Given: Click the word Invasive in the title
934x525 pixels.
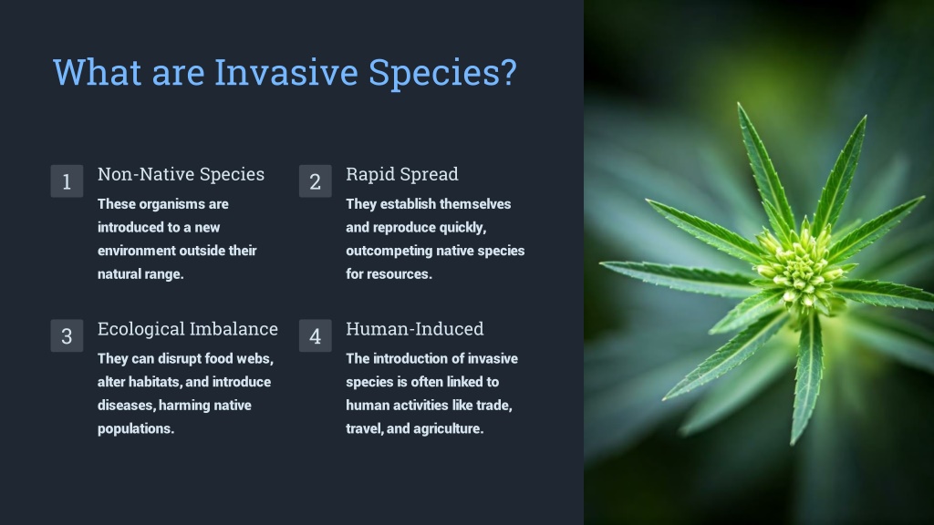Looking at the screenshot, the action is tap(285, 73).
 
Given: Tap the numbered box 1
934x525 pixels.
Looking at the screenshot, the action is tap(67, 181).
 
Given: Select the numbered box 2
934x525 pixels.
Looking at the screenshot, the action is tap(315, 181).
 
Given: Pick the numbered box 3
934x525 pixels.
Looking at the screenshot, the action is tap(67, 335).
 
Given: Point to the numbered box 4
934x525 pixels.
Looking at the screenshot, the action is tap(315, 335).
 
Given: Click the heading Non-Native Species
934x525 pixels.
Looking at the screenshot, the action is tap(182, 174).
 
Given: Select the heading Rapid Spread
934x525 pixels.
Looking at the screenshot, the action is tap(402, 174).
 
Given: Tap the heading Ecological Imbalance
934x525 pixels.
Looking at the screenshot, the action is tap(188, 329).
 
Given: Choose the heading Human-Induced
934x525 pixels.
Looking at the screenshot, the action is tap(415, 328).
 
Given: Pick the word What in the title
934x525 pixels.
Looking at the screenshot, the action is tap(98, 73).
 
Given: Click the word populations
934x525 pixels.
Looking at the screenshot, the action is tap(136, 429).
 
